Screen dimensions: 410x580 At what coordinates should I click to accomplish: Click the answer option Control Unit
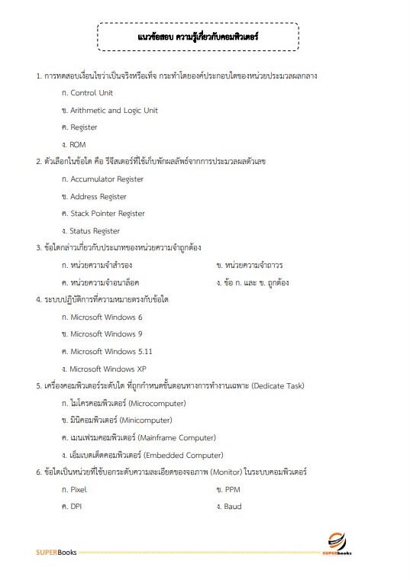click(x=91, y=92)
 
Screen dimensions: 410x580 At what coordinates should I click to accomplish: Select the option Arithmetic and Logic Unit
click(x=114, y=110)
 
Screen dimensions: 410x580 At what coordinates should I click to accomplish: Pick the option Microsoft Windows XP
click(x=108, y=369)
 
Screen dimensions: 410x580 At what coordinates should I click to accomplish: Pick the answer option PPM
click(x=232, y=489)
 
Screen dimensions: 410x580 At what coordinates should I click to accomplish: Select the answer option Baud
click(x=233, y=506)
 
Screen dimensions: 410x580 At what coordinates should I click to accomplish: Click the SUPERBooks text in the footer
click(x=56, y=552)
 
